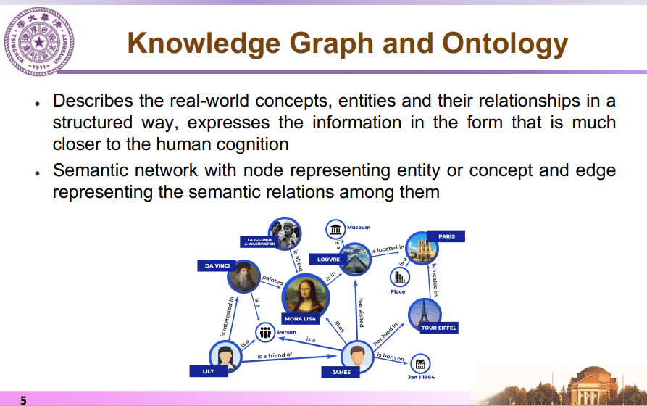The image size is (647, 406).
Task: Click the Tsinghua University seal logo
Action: tap(39, 42)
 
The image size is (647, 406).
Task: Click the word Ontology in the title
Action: tap(505, 44)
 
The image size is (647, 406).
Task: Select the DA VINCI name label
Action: tap(217, 265)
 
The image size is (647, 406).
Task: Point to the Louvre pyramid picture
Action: tap(355, 259)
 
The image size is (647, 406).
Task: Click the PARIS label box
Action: tap(446, 236)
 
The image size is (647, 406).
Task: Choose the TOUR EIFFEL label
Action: tap(438, 328)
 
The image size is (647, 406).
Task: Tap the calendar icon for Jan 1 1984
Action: tap(420, 364)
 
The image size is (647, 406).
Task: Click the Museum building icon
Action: tap(335, 229)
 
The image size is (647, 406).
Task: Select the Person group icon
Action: tap(265, 331)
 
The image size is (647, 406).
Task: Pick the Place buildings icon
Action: tap(399, 277)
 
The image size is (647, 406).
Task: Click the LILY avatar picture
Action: tap(225, 357)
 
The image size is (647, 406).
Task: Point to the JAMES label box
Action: tap(341, 372)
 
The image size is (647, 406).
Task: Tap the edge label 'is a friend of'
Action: tap(275, 355)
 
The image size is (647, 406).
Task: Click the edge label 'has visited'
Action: tap(361, 312)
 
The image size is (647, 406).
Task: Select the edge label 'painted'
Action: tap(272, 280)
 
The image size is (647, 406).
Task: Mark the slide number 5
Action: tap(23, 400)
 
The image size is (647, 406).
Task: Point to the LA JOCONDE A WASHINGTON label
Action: tap(260, 241)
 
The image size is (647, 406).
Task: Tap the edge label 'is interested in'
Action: tap(227, 317)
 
